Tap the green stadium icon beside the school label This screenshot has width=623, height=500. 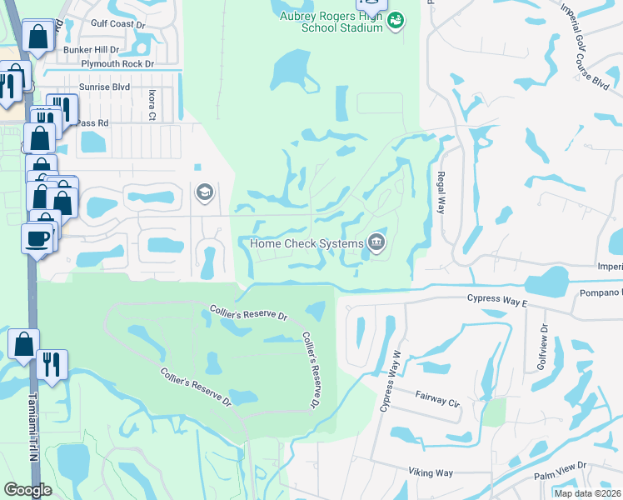(396, 19)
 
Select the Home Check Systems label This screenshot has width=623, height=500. (307, 243)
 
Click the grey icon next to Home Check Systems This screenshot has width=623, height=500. (377, 242)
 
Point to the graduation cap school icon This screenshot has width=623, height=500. (203, 193)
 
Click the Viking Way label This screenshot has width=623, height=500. (431, 472)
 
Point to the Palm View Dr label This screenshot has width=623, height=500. (561, 472)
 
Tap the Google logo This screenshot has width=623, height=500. (27, 489)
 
